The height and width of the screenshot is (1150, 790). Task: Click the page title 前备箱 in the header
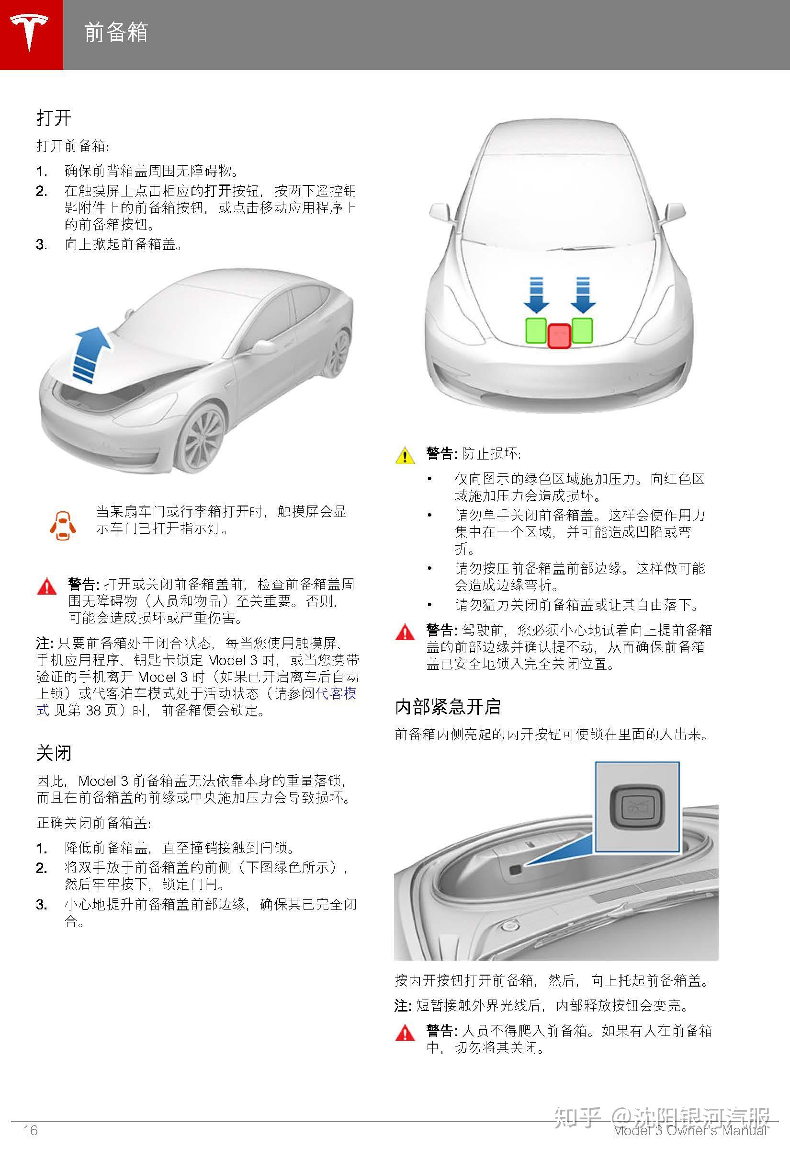[x=116, y=33]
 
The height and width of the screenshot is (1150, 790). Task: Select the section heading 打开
[x=54, y=118]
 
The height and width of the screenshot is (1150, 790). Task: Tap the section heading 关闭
[x=54, y=753]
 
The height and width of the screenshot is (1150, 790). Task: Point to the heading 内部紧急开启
[x=448, y=707]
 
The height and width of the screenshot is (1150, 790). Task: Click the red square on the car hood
[x=559, y=336]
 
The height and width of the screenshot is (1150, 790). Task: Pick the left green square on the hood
[x=536, y=330]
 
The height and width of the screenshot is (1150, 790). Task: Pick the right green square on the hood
[x=582, y=330]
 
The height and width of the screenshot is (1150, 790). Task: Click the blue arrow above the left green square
[x=536, y=296]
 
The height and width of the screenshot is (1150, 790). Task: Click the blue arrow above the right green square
[x=583, y=296]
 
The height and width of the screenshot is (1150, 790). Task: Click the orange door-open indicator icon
[x=63, y=525]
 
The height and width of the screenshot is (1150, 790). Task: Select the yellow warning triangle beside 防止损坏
[x=405, y=455]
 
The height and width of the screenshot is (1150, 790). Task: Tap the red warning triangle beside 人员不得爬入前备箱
[x=405, y=1033]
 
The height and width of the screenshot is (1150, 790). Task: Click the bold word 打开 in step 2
[x=218, y=191]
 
